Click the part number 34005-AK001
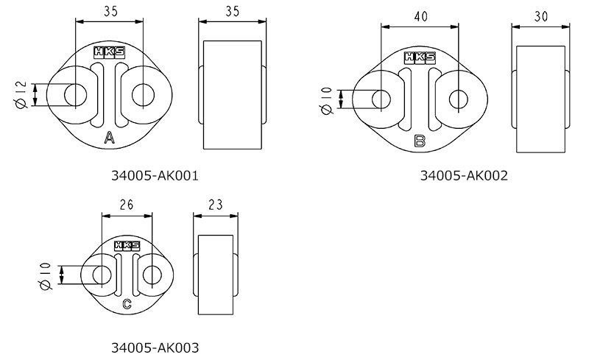tap(155, 175)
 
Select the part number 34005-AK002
tap(464, 175)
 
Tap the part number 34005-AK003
tap(155, 347)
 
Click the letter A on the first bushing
tap(109, 138)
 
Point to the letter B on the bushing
tap(420, 141)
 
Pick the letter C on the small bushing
tap(127, 303)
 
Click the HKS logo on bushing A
tap(109, 52)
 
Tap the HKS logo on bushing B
tap(420, 57)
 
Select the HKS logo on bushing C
tap(127, 245)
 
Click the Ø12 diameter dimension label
tap(22, 95)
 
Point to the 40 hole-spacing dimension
tap(420, 16)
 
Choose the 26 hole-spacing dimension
tap(127, 205)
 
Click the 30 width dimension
tap(541, 16)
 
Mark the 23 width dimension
tap(216, 205)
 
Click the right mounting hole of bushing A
tap(143, 95)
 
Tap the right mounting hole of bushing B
tap(459, 99)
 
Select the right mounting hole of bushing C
tap(152, 275)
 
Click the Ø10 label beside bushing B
tap(327, 100)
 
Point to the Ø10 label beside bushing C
tap(44, 276)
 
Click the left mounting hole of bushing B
tap(381, 99)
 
